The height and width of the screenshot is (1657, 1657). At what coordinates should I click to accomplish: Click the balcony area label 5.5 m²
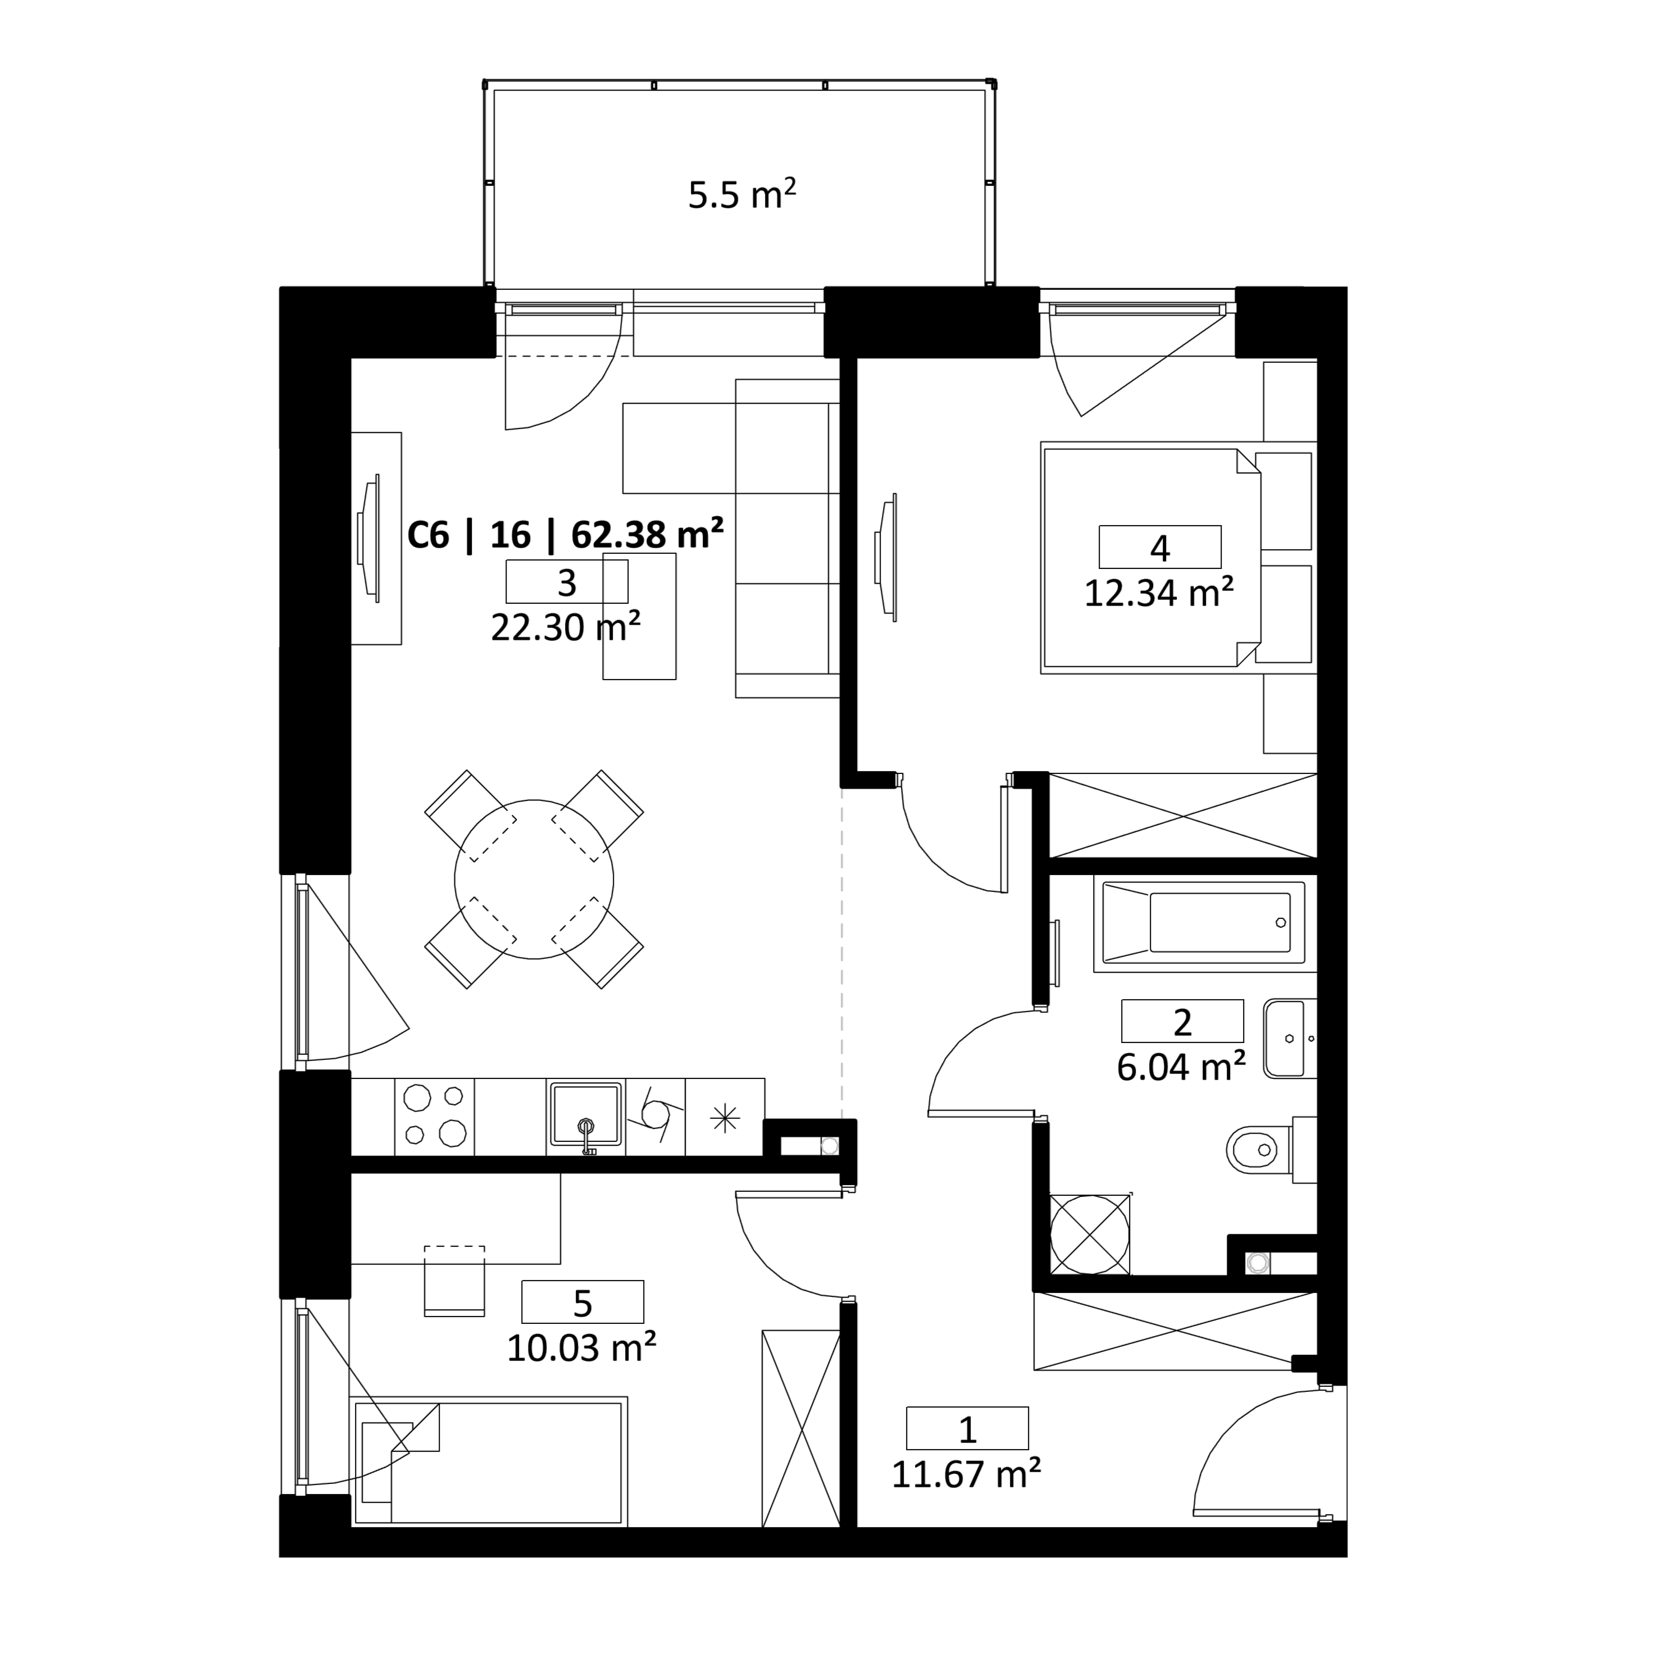pyautogui.click(x=742, y=195)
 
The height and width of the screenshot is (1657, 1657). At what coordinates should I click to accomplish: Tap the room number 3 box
pyautogui.click(x=567, y=581)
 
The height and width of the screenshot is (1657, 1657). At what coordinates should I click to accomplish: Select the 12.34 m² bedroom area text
pyautogui.click(x=1159, y=593)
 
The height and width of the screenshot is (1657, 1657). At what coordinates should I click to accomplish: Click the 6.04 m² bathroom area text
pyautogui.click(x=1181, y=1067)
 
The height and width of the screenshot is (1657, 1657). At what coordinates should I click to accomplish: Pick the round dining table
pyautogui.click(x=534, y=879)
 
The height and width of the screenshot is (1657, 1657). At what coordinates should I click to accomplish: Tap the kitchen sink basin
pyautogui.click(x=586, y=1115)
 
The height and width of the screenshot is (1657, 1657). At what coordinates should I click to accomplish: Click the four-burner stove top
pyautogui.click(x=434, y=1116)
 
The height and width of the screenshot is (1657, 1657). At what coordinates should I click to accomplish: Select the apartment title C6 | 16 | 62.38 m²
pyautogui.click(x=565, y=535)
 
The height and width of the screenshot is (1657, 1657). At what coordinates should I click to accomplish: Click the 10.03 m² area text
pyautogui.click(x=581, y=1348)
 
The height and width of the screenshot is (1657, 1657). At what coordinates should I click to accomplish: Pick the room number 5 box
pyautogui.click(x=583, y=1302)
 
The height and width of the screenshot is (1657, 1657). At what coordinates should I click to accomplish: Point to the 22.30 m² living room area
pyautogui.click(x=565, y=627)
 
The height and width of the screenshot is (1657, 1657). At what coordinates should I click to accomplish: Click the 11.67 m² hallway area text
pyautogui.click(x=967, y=1474)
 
